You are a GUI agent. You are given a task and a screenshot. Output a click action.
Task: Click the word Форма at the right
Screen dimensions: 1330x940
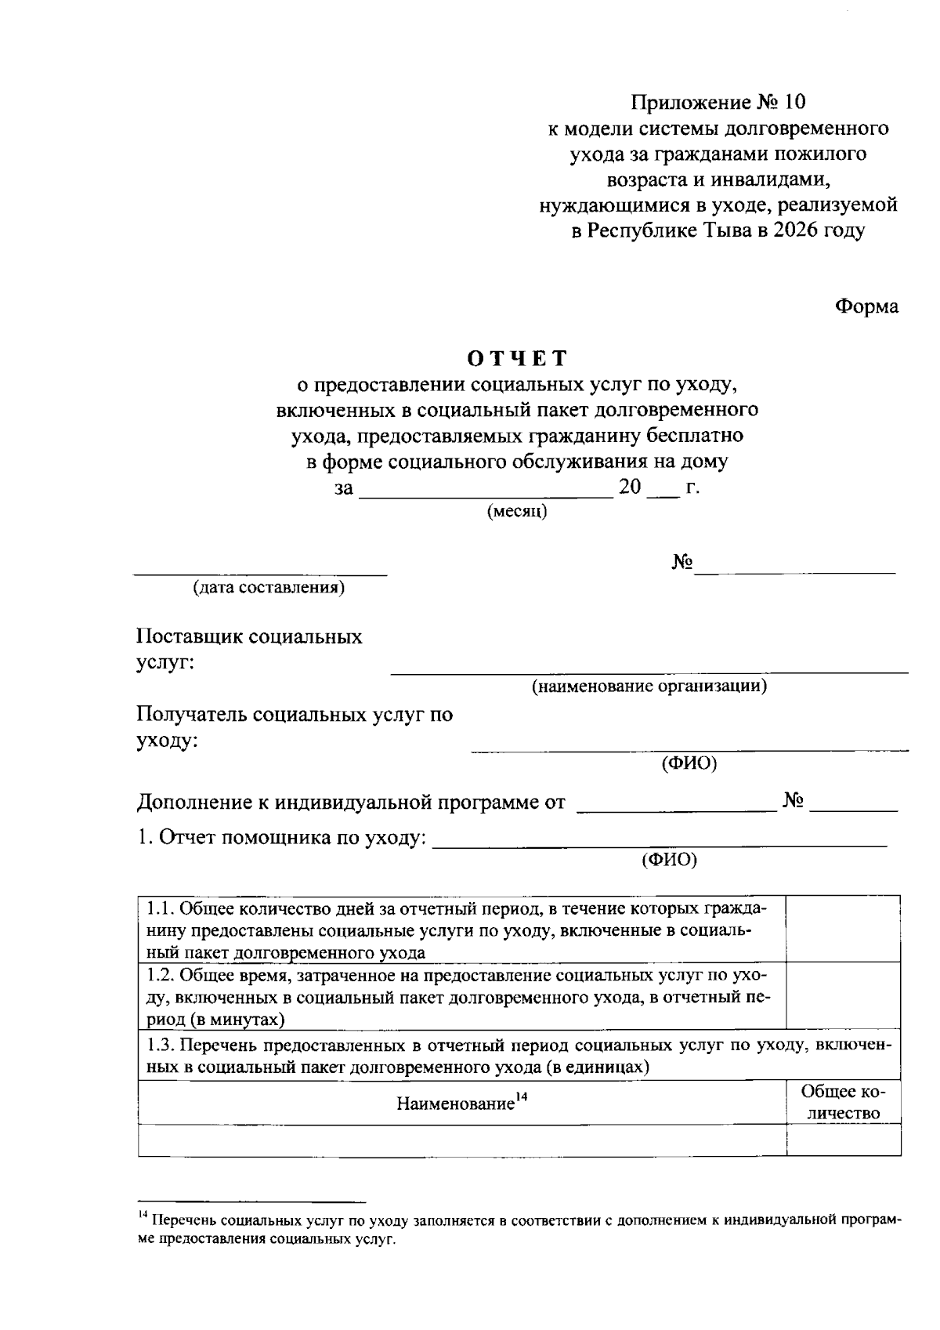866,306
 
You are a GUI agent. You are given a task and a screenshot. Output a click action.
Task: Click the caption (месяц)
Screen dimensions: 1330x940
516,512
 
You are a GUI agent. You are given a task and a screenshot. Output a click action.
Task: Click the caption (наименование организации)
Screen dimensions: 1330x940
649,687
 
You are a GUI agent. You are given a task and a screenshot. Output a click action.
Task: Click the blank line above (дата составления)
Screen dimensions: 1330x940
260,574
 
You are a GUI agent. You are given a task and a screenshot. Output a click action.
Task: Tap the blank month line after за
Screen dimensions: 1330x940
486,496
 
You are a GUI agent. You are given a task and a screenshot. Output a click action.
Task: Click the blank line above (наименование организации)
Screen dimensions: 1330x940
649,672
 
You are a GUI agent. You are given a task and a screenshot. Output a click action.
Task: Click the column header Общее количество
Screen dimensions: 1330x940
843,1103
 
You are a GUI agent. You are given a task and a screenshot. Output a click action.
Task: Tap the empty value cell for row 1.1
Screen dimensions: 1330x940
843,930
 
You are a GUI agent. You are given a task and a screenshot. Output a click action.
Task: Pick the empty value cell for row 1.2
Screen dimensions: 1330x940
843,996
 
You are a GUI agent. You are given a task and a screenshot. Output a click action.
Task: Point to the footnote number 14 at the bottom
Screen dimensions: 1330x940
143,1216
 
